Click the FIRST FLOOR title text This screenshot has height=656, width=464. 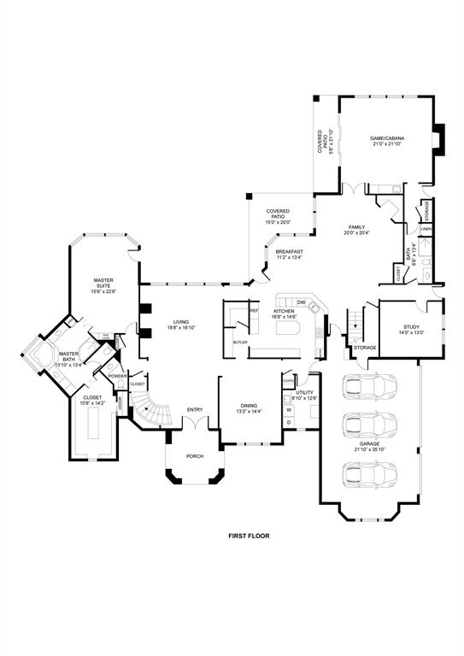tap(249, 536)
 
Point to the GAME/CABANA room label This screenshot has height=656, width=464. tap(387, 138)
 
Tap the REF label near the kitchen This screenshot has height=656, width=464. tap(253, 311)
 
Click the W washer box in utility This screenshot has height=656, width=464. tap(289, 410)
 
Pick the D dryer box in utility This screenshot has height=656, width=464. tap(289, 422)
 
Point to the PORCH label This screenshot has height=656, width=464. tap(195, 456)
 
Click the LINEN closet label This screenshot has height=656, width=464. tap(425, 229)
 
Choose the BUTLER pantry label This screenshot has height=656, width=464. tap(240, 342)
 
